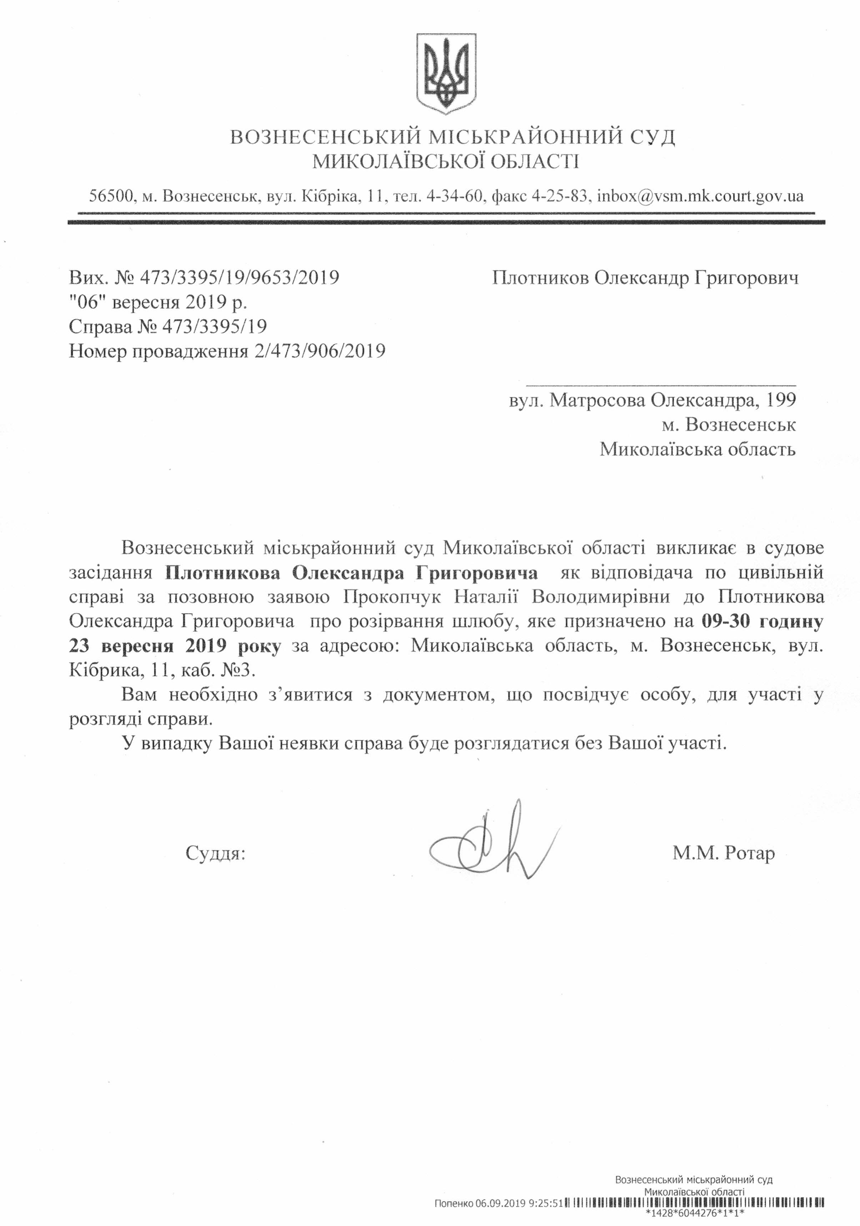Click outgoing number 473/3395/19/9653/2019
239,278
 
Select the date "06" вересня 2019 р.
158,302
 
